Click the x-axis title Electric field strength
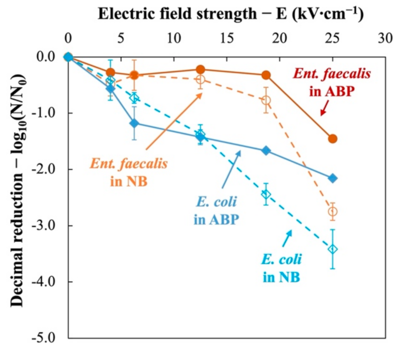tap(230, 14)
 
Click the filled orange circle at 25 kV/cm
tap(333, 138)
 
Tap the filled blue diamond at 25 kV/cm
tap(333, 178)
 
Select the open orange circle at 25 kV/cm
tap(333, 212)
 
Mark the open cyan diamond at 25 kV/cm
tap(333, 249)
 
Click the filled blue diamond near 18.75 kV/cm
tap(266, 151)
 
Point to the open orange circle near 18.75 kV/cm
tap(266, 100)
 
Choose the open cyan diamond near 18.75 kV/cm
tap(266, 194)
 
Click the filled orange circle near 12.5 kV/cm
tap(201, 69)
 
